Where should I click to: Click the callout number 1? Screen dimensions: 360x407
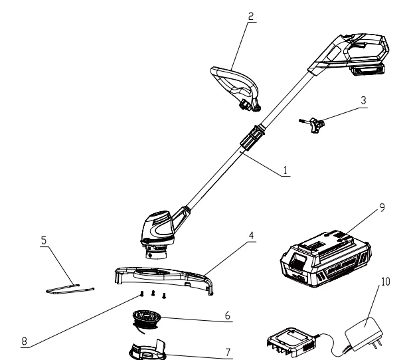tap(285, 171)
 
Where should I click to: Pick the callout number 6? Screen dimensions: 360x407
tap(228, 316)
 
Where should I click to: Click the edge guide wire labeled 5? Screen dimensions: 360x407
tap(70, 289)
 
